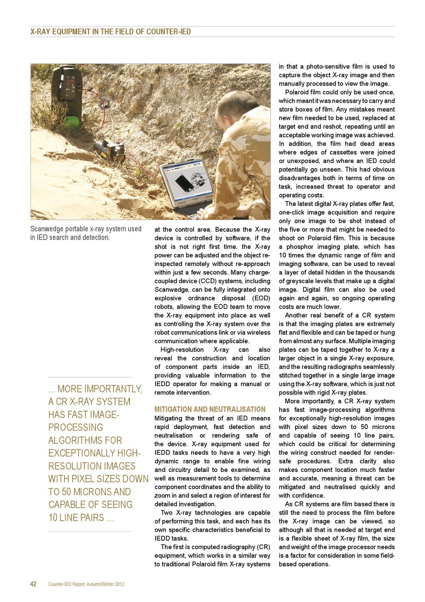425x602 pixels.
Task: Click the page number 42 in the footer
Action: pyautogui.click(x=34, y=584)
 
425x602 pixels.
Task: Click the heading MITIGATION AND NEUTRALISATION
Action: pyautogui.click(x=210, y=409)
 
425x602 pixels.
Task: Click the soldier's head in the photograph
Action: pyautogui.click(x=233, y=112)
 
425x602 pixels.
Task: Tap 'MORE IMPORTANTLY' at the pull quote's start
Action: pyautogui.click(x=99, y=389)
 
